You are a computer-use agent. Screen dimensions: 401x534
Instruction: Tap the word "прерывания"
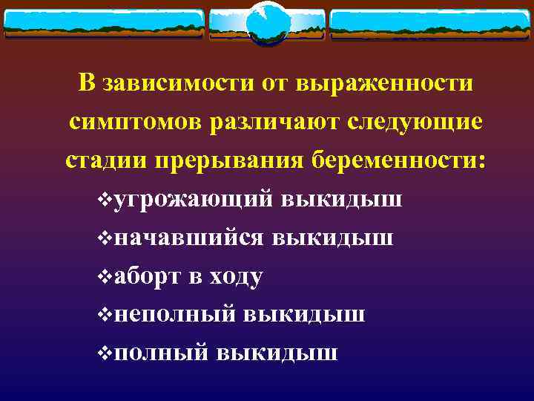pos(225,160)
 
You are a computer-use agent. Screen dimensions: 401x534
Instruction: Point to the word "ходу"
pos(237,276)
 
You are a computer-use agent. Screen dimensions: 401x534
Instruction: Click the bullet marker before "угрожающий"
pos(105,200)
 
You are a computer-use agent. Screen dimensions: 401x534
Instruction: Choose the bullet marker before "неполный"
pos(105,314)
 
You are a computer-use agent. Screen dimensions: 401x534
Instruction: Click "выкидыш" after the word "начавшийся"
pos(333,238)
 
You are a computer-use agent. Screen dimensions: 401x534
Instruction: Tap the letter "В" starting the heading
pos(87,83)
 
